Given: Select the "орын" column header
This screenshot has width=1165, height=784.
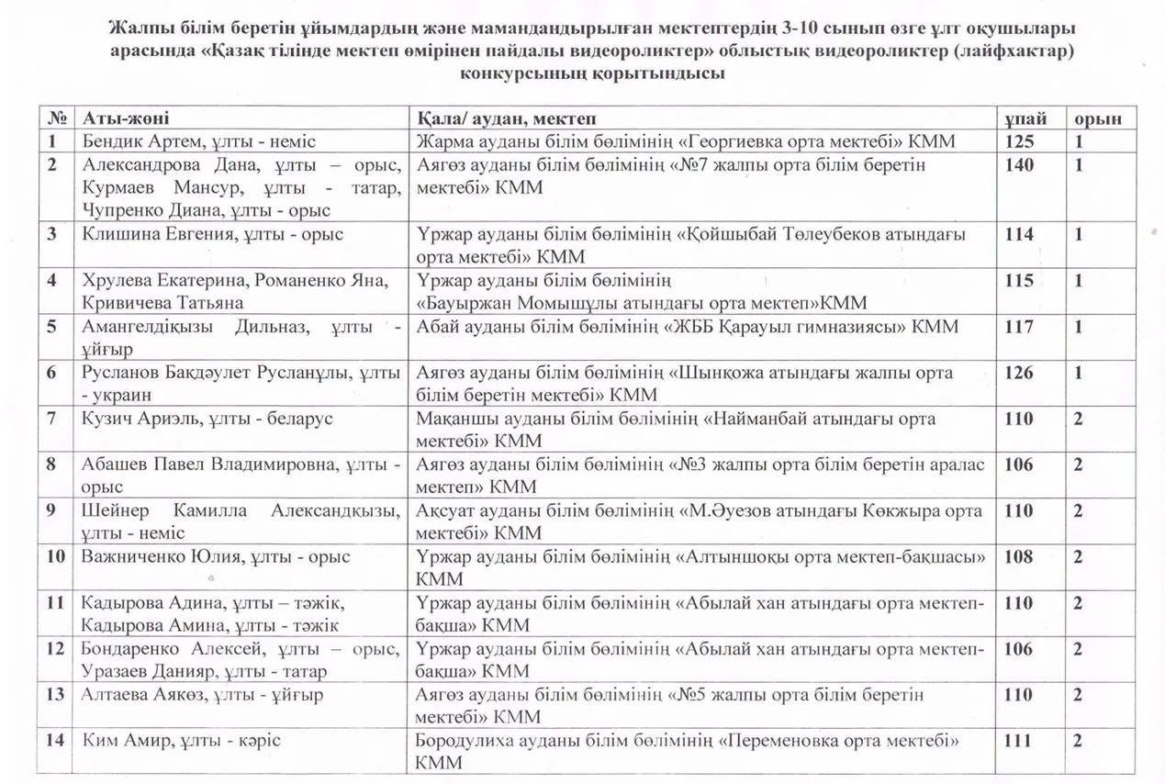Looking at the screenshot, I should tap(1099, 118).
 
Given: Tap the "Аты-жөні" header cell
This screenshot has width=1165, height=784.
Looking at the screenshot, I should tap(126, 118).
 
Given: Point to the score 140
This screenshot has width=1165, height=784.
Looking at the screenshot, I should tap(1019, 165).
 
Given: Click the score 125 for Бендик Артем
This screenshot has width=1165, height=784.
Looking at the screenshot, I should tap(1019, 141).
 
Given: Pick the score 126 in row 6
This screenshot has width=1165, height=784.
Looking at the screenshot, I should tap(1019, 373).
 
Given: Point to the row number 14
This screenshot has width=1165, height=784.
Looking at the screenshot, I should tap(55, 741).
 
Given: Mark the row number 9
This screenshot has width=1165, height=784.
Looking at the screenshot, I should tap(54, 511).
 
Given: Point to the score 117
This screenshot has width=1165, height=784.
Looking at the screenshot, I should tap(1019, 327).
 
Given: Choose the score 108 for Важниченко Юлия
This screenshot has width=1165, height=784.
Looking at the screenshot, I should tap(1019, 556).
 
